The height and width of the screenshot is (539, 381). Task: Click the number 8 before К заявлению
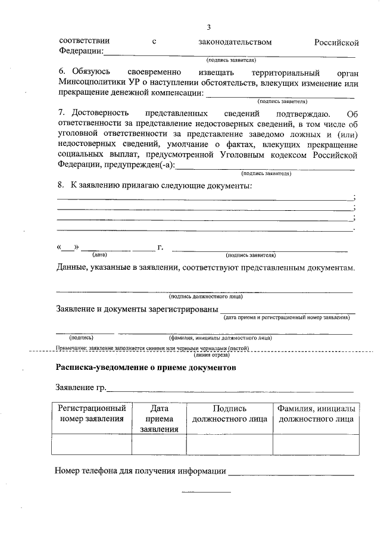pyautogui.click(x=60, y=186)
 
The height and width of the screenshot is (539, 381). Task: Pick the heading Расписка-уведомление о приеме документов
pyautogui.click(x=146, y=367)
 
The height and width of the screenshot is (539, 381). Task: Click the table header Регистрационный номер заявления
pyautogui.click(x=92, y=414)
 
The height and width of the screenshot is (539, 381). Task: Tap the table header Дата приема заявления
pyautogui.click(x=159, y=419)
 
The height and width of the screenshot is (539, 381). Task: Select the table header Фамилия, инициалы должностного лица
pyautogui.click(x=316, y=414)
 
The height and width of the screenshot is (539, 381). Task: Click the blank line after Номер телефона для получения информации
pyautogui.click(x=291, y=474)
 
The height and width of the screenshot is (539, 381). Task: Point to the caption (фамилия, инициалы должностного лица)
pyautogui.click(x=220, y=338)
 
